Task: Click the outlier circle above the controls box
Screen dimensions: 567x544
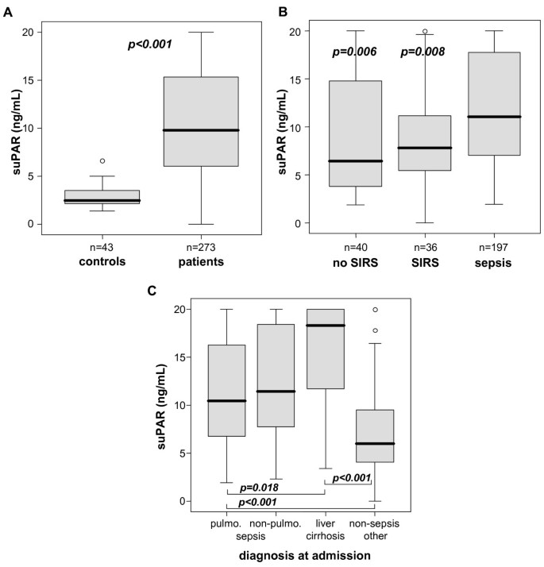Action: [x=102, y=161]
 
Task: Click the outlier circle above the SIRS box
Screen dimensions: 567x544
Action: [x=424, y=32]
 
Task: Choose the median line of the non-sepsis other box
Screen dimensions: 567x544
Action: [x=375, y=444]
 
